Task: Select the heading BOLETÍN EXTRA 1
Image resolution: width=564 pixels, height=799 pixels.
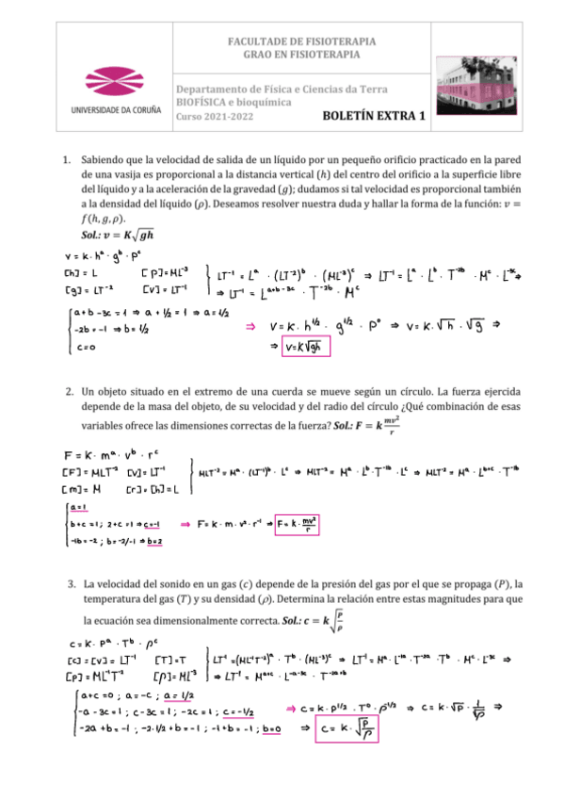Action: click(x=374, y=117)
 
